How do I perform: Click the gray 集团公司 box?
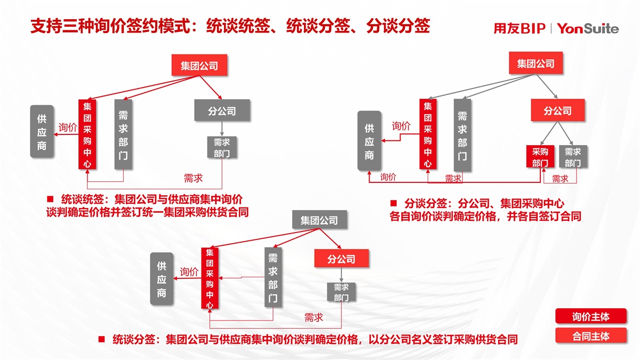point(319,220)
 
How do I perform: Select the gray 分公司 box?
point(222,111)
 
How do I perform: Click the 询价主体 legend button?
point(590,316)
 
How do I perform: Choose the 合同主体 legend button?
point(590,336)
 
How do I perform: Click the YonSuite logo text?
point(588,29)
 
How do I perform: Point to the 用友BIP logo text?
point(519,29)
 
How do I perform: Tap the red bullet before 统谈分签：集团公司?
point(101,339)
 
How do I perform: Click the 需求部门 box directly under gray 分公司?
point(222,147)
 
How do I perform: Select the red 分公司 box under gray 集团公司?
point(341,259)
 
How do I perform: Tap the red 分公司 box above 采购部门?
point(557,111)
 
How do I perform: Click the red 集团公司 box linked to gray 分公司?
point(199,66)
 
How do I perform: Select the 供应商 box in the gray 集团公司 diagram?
point(162,278)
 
